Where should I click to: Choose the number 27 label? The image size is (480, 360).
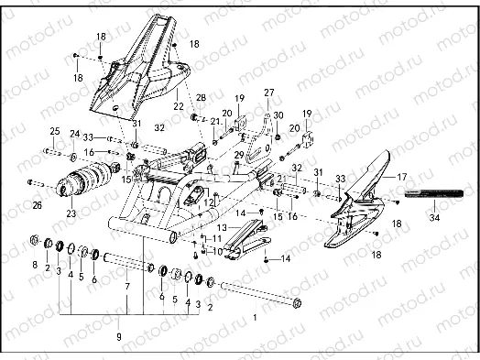pyautogui.click(x=269, y=93)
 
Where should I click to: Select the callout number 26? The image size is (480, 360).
pyautogui.click(x=37, y=205)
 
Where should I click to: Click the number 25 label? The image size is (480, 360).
pyautogui.click(x=54, y=131)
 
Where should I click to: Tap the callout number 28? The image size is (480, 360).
pyautogui.click(x=202, y=97)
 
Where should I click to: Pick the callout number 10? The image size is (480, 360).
pyautogui.click(x=217, y=249)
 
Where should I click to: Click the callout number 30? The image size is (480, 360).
pyautogui.click(x=278, y=115)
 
